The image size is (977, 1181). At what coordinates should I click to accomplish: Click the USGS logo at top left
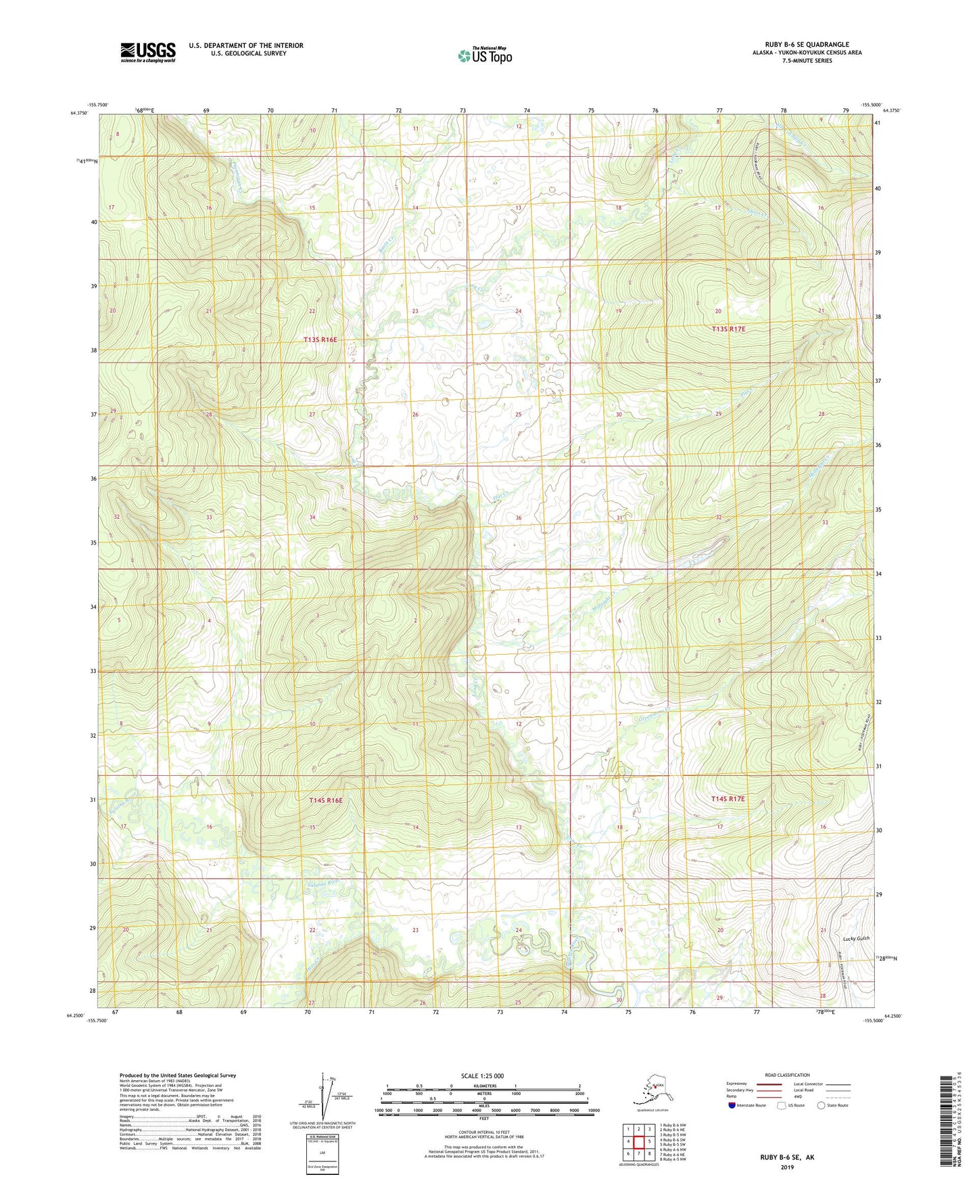(x=148, y=52)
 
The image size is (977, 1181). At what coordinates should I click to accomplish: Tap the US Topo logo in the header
(x=485, y=55)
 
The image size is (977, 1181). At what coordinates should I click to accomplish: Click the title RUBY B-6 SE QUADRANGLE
(x=803, y=45)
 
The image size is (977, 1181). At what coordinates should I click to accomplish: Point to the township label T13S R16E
(x=320, y=340)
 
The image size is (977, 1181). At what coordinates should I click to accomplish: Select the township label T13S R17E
(x=728, y=329)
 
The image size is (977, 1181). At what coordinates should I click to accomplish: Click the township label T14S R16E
(x=326, y=800)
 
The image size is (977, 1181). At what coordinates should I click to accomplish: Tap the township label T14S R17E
(x=728, y=799)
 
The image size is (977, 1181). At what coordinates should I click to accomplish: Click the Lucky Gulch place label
(x=856, y=938)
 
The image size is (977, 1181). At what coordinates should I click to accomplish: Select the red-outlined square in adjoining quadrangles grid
(x=638, y=1142)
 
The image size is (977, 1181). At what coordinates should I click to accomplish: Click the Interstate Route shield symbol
(x=732, y=1105)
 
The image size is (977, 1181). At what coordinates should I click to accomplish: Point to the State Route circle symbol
(x=821, y=1105)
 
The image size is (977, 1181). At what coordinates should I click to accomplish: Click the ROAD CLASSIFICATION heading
(x=787, y=1075)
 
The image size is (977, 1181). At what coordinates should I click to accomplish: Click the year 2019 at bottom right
(x=787, y=1167)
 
